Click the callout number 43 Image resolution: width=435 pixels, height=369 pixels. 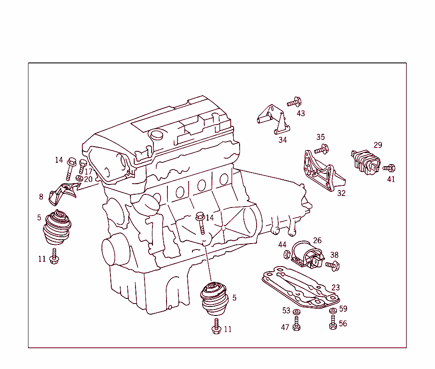[x=301, y=114]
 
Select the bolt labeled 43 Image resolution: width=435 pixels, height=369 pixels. [x=294, y=102]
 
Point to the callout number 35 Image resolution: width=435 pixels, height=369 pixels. [x=320, y=137]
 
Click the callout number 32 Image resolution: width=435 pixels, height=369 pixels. [x=341, y=193]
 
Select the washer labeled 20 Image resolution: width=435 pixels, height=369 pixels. [x=79, y=178]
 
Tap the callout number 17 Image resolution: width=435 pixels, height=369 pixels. [x=88, y=172]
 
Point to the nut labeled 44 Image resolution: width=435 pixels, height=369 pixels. [x=287, y=255]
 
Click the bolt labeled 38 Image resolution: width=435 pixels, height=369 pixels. [x=332, y=266]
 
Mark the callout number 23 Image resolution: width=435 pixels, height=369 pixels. [x=336, y=288]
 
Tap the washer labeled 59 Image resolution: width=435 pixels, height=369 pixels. [x=333, y=311]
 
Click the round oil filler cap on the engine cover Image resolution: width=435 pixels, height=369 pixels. [x=157, y=135]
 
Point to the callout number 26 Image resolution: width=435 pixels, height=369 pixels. [x=317, y=241]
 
